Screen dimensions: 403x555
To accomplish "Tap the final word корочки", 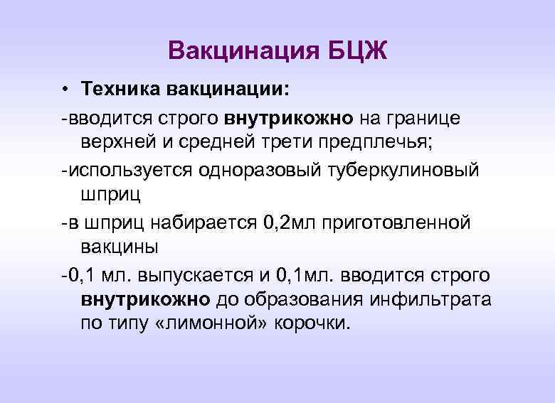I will pos(307,324).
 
